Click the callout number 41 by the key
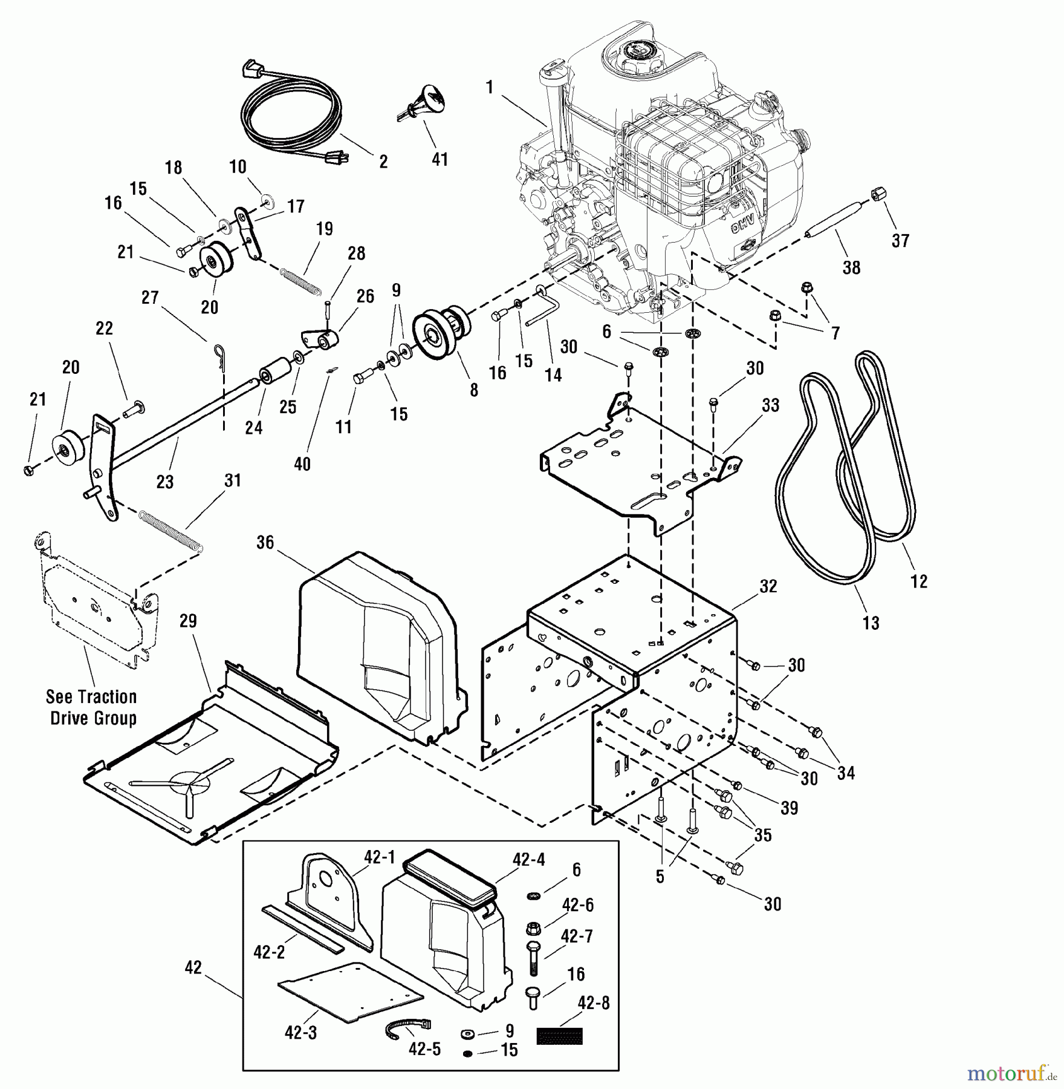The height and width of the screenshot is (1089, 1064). pyautogui.click(x=440, y=159)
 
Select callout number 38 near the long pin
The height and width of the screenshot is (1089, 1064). pyautogui.click(x=851, y=267)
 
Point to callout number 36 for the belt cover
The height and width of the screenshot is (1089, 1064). pyautogui.click(x=265, y=543)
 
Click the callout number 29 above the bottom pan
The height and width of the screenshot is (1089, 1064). pyautogui.click(x=189, y=621)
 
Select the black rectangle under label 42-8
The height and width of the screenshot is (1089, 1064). pyautogui.click(x=559, y=1036)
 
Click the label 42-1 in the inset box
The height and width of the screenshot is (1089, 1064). pyautogui.click(x=379, y=857)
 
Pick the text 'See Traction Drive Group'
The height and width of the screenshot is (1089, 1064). pyautogui.click(x=92, y=707)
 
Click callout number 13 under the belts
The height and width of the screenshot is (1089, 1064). pyautogui.click(x=871, y=623)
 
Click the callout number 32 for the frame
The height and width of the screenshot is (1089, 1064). pyautogui.click(x=768, y=586)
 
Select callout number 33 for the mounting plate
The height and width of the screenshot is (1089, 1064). pyautogui.click(x=771, y=405)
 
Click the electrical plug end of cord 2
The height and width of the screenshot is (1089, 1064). pyautogui.click(x=331, y=158)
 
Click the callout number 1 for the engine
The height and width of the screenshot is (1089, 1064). pyautogui.click(x=490, y=87)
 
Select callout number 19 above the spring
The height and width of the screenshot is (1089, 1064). pyautogui.click(x=325, y=229)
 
